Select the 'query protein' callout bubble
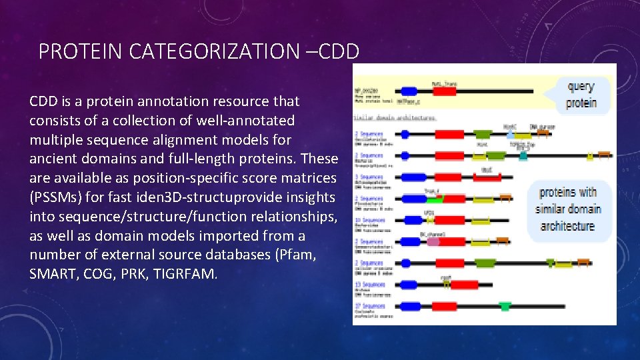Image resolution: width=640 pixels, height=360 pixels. click(x=580, y=95)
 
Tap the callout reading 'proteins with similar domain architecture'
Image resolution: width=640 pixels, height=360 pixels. click(x=568, y=209)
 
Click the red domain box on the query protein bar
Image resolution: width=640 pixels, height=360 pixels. click(x=444, y=91)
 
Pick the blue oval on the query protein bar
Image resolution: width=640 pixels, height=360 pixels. click(x=408, y=91)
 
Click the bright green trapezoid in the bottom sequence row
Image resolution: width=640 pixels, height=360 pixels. click(x=505, y=306)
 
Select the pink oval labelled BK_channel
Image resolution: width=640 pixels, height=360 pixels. click(x=433, y=241)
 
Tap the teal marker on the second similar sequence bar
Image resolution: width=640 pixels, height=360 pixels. click(x=523, y=156)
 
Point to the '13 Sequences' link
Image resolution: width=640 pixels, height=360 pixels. click(x=369, y=284)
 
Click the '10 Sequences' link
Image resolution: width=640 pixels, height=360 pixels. click(x=369, y=220)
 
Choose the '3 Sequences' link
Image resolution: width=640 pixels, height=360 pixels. click(x=369, y=177)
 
